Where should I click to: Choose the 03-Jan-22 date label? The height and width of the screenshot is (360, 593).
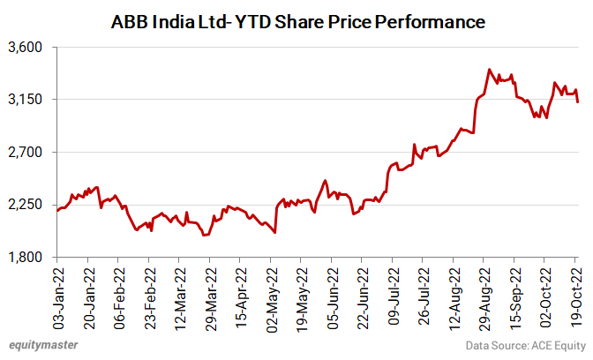(58, 296)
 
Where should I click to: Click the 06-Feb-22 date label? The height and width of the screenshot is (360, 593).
(119, 296)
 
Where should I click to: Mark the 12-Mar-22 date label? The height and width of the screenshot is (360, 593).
(180, 296)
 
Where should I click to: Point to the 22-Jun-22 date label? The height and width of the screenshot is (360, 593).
(363, 296)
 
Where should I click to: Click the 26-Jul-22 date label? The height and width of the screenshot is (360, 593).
(424, 296)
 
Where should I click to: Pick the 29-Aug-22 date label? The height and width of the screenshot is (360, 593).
(484, 296)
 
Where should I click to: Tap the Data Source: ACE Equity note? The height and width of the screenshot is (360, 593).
(523, 344)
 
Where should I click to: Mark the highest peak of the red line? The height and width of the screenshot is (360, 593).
(489, 69)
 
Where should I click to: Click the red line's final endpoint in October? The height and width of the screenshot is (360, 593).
(578, 102)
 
